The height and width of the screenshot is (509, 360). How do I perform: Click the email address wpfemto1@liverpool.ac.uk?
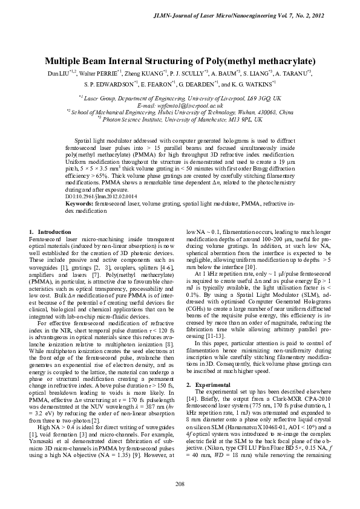[x=180, y=105]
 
